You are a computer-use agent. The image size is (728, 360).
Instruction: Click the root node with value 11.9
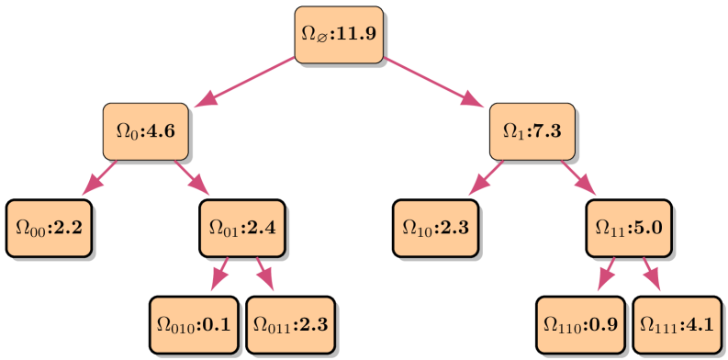pyautogui.click(x=339, y=35)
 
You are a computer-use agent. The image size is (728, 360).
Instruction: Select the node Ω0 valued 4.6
pyautogui.click(x=145, y=130)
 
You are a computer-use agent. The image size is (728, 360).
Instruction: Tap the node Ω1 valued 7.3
pyautogui.click(x=532, y=130)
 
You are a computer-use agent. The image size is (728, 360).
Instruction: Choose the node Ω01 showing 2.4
pyautogui.click(x=242, y=226)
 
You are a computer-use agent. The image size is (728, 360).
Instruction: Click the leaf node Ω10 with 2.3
pyautogui.click(x=436, y=226)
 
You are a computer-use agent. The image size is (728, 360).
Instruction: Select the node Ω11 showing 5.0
pyautogui.click(x=629, y=226)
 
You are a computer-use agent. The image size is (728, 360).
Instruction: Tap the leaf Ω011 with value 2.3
pyautogui.click(x=290, y=323)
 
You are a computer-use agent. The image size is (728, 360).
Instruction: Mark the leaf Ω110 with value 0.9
pyautogui.click(x=580, y=323)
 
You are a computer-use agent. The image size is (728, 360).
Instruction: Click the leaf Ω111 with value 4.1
pyautogui.click(x=677, y=323)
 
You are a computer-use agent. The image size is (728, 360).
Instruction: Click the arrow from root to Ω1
pyautogui.click(x=434, y=83)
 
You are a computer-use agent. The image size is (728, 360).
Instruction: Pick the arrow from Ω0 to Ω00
pyautogui.click(x=99, y=178)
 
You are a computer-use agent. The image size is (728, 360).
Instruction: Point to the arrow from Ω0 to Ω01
pyautogui.click(x=193, y=178)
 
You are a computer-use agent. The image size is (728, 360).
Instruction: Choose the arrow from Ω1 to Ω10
pyautogui.click(x=486, y=178)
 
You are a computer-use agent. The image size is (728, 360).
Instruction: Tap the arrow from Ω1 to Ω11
pyautogui.click(x=579, y=178)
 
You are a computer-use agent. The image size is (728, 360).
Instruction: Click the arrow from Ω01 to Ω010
pyautogui.click(x=219, y=274)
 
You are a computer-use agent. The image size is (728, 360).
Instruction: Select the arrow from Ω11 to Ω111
pyautogui.click(x=652, y=274)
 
